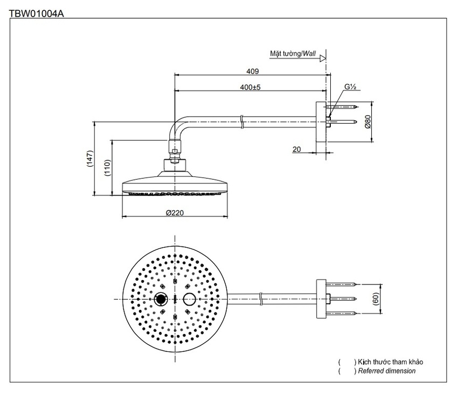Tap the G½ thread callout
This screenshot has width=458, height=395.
(x=351, y=87)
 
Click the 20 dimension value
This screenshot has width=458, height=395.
(x=297, y=149)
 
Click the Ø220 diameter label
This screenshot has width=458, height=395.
(x=175, y=213)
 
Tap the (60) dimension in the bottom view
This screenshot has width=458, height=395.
(x=376, y=298)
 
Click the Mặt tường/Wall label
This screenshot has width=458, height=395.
(x=293, y=54)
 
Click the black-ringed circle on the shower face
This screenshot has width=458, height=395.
(x=161, y=298)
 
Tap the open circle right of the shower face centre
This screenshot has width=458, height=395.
(x=190, y=298)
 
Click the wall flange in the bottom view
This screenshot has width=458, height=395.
(x=321, y=298)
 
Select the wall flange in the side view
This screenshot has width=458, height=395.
(x=321, y=123)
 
